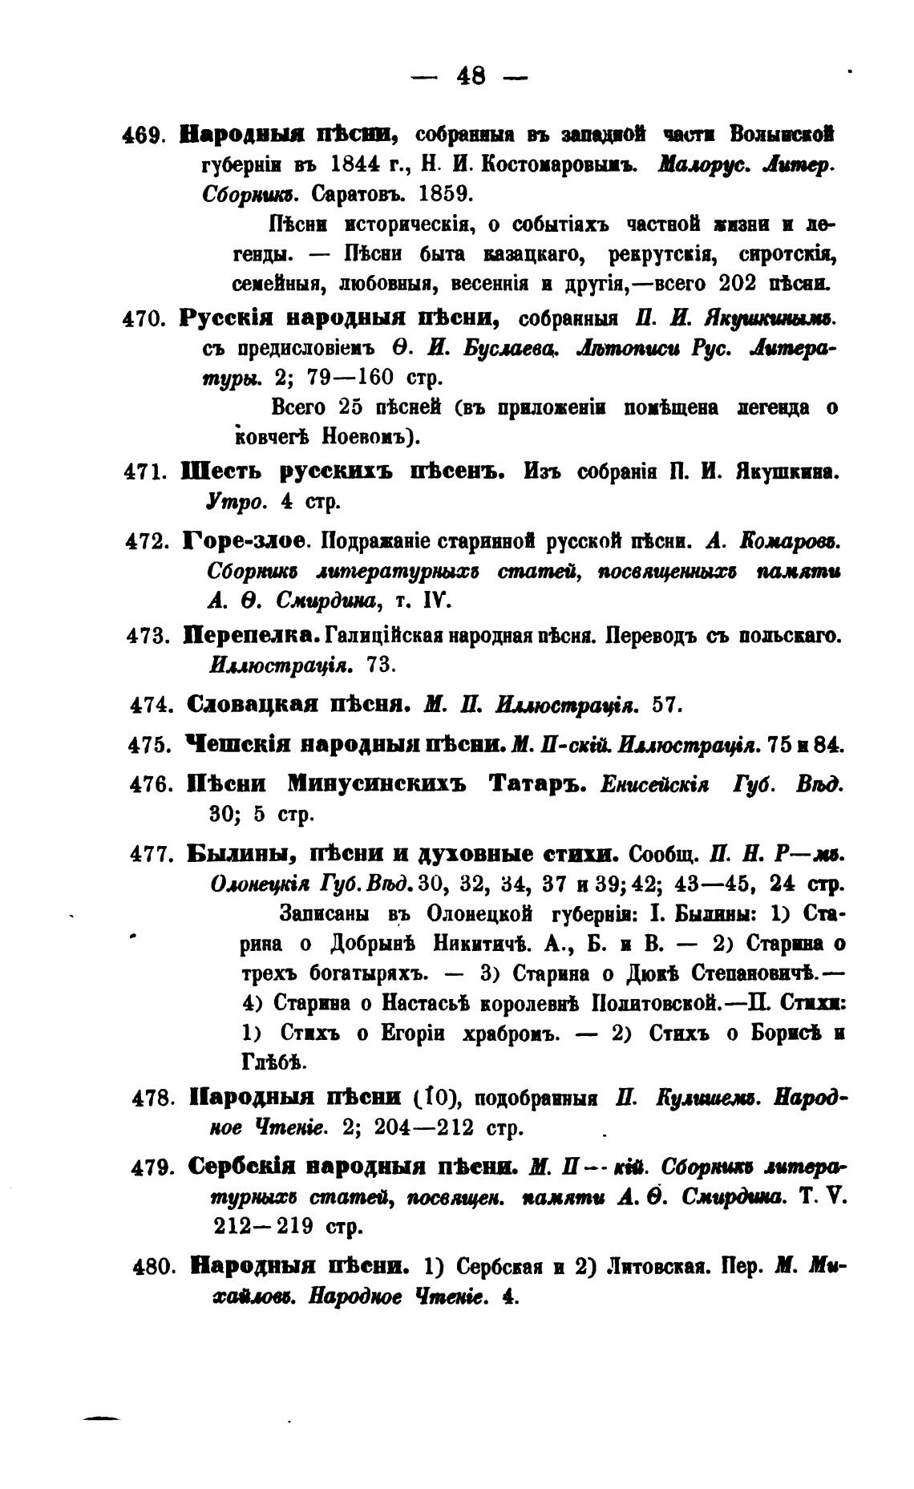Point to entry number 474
click(152, 706)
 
